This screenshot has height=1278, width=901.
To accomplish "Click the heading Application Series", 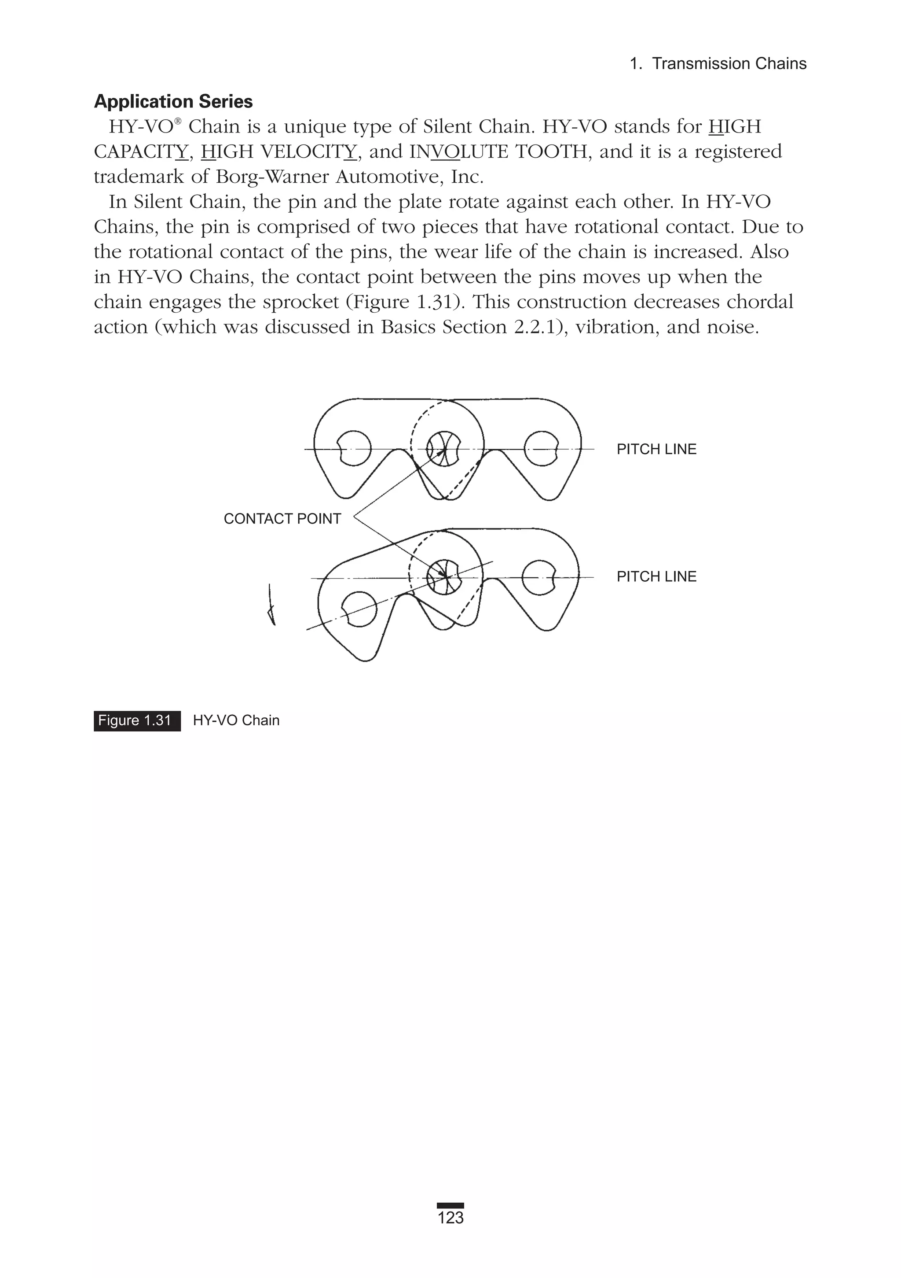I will pos(173,101).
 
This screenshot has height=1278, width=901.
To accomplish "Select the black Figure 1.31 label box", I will pos(137,720).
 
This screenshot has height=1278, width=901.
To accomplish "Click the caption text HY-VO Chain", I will pos(236,720).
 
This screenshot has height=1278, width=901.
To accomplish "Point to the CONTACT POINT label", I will pos(282,519).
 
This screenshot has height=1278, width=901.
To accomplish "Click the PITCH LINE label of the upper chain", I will pos(656,449).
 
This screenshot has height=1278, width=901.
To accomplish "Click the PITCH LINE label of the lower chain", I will pos(656,576).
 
